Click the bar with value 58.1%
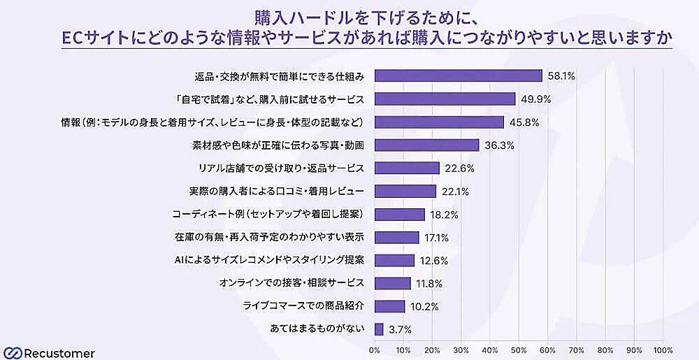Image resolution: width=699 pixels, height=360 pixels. click(459, 75)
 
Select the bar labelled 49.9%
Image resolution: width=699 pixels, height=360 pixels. click(445, 99)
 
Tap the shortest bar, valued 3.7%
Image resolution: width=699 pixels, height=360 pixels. click(379, 329)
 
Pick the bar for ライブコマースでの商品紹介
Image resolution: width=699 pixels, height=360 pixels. click(389, 305)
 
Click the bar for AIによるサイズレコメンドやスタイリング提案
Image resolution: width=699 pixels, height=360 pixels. click(394, 260)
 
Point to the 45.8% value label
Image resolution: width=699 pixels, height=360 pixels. click(523, 122)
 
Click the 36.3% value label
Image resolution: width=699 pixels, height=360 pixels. click(497, 145)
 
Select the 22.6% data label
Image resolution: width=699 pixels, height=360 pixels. click(459, 168)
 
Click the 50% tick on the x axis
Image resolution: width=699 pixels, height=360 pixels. click(519, 350)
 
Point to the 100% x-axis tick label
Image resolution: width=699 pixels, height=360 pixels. click(663, 350)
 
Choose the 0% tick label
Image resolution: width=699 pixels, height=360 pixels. click(375, 350)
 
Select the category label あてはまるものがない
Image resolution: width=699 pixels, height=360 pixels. click(317, 329)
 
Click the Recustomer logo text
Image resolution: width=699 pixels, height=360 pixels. click(59, 353)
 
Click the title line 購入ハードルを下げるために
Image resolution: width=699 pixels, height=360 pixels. click(349, 15)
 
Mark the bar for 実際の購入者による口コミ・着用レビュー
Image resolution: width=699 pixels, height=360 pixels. click(405, 191)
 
